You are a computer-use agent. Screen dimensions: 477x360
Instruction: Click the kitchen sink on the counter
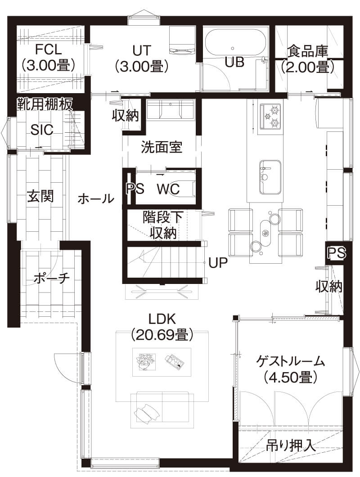tap(269, 176)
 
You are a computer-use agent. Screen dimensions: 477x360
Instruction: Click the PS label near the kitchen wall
tap(336, 253)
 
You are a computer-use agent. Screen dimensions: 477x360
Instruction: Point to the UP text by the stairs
tap(218, 262)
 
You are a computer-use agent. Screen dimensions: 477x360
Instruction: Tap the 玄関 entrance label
tap(40, 196)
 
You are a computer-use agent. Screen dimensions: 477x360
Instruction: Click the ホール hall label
tap(95, 198)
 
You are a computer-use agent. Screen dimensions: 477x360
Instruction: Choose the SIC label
tap(42, 130)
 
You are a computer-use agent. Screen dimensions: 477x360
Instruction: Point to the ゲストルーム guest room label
tap(290, 368)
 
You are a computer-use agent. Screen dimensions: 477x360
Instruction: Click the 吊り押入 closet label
tap(289, 445)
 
